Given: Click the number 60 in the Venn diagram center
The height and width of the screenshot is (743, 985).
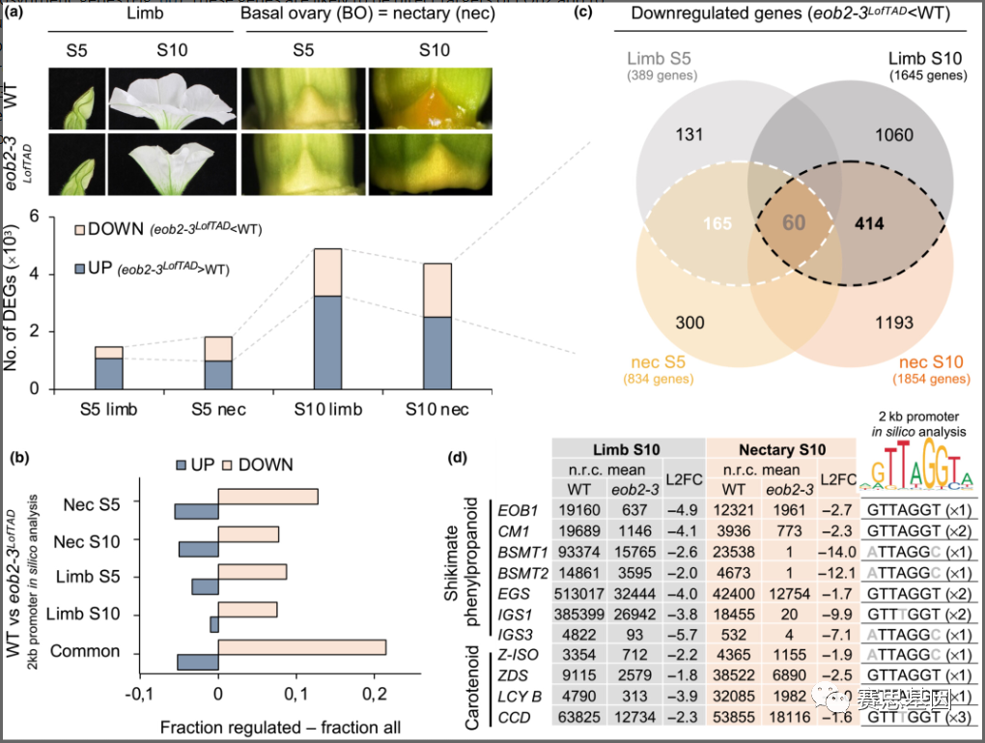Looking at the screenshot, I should click(x=794, y=224).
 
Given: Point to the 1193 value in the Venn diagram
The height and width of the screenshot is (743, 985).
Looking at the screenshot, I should click(x=892, y=323).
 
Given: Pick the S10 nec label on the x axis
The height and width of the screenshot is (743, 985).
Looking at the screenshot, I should click(x=436, y=411).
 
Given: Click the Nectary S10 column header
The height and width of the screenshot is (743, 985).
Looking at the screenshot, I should click(x=783, y=449).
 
